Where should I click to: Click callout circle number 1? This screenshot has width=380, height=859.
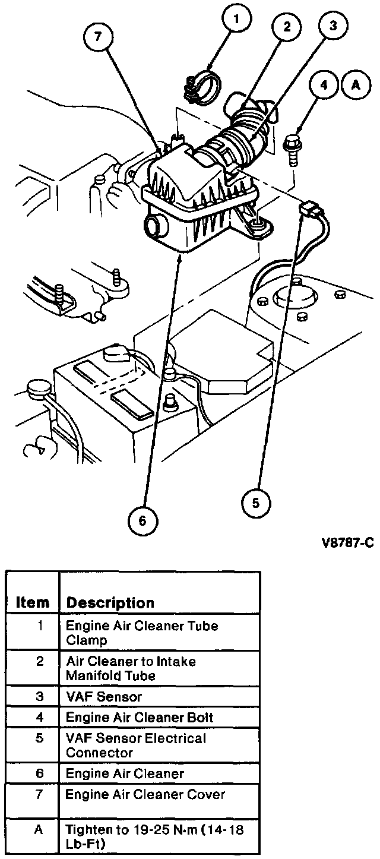[x=236, y=21]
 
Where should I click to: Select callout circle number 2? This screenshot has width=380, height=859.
[x=286, y=27]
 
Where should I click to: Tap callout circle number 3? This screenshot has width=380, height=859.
[x=332, y=26]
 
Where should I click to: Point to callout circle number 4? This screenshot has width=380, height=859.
[x=324, y=86]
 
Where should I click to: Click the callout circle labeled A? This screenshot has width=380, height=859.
[x=356, y=86]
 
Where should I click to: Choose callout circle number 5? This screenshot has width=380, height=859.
[x=256, y=503]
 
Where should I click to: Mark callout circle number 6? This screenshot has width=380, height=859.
[x=142, y=521]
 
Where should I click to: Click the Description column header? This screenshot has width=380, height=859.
[x=110, y=602]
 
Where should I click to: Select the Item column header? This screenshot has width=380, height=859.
[x=32, y=602]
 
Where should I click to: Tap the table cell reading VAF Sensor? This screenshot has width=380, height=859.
[x=103, y=696]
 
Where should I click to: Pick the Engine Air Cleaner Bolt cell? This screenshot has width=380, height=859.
[x=139, y=717]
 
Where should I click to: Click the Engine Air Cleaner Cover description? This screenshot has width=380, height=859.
[x=145, y=794]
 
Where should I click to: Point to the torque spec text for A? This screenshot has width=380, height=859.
[x=155, y=837]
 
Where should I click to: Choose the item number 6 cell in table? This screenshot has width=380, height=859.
[x=39, y=773]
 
